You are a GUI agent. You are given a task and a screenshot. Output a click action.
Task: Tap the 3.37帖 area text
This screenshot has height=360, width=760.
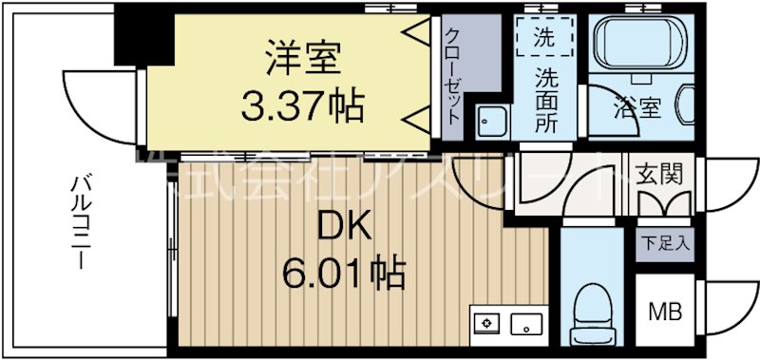tap(302, 106)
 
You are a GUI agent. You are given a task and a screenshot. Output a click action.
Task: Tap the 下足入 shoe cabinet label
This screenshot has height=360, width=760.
tap(664, 242)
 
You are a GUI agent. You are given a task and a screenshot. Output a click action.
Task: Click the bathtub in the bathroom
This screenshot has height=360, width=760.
tap(636, 47)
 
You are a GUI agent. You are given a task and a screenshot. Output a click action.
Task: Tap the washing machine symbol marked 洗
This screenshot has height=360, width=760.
tap(545, 41)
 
